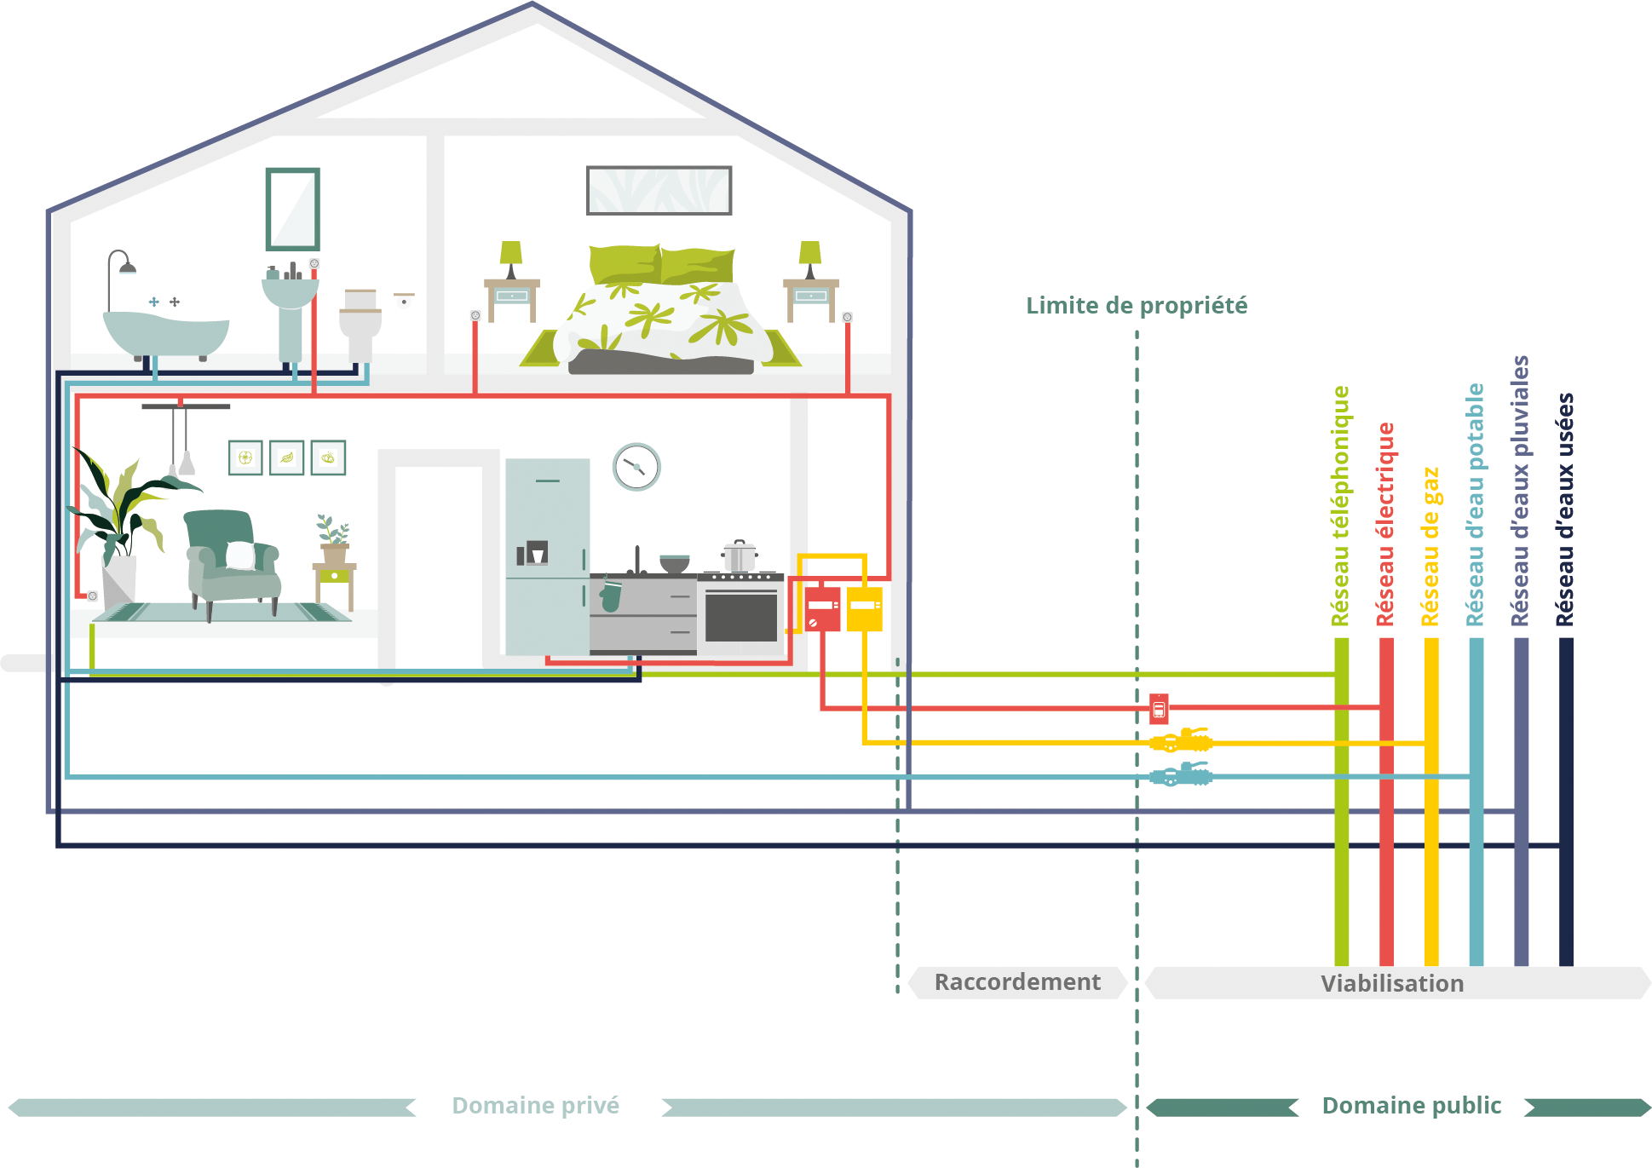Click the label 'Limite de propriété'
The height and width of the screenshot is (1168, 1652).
(x=1136, y=306)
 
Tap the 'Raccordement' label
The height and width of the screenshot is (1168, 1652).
(x=1017, y=982)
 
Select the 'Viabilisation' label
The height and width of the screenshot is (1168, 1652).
(x=1391, y=984)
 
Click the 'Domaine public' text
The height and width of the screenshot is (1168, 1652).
(x=1411, y=1106)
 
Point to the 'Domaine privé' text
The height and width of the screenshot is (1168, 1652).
(x=535, y=1106)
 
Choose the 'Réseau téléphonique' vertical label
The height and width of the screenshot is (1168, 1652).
(x=1341, y=506)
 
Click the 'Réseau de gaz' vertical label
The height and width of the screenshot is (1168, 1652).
(x=1430, y=546)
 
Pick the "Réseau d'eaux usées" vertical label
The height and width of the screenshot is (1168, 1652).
(x=1565, y=509)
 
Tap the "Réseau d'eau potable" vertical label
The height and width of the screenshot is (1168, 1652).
(x=1476, y=505)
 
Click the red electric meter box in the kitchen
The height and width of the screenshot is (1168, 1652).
(x=823, y=609)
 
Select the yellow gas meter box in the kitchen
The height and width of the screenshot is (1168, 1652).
(x=865, y=609)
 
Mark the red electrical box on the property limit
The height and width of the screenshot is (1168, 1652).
(x=1159, y=708)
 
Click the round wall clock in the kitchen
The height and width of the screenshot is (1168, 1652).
(x=636, y=467)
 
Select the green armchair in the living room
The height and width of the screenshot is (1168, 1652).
(x=231, y=559)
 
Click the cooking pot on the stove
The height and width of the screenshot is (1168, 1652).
(x=739, y=556)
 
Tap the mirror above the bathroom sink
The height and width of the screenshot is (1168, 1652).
(x=292, y=210)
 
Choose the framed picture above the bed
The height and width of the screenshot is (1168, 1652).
(x=659, y=190)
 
